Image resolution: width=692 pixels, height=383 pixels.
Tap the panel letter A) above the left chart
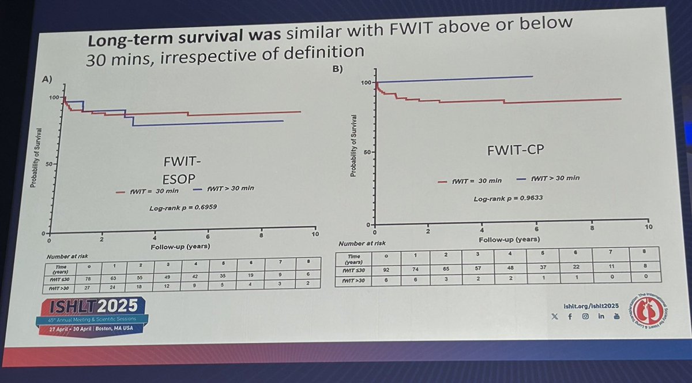click(48, 79)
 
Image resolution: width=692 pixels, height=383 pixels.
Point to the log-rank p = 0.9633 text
click(501, 198)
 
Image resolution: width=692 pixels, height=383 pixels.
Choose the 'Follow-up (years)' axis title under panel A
click(180, 247)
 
